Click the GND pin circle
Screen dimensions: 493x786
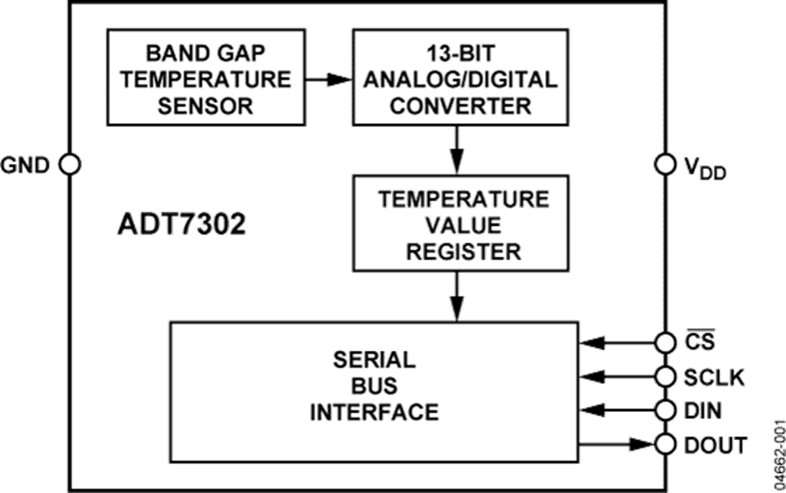tap(68, 163)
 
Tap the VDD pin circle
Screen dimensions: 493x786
tap(665, 164)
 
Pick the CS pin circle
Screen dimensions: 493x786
tap(665, 341)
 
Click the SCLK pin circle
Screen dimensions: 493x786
tap(665, 376)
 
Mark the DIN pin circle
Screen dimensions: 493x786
tap(665, 409)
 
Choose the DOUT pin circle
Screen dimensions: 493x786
tap(665, 444)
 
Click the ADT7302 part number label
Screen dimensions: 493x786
tap(181, 224)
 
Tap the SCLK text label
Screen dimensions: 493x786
tap(715, 377)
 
